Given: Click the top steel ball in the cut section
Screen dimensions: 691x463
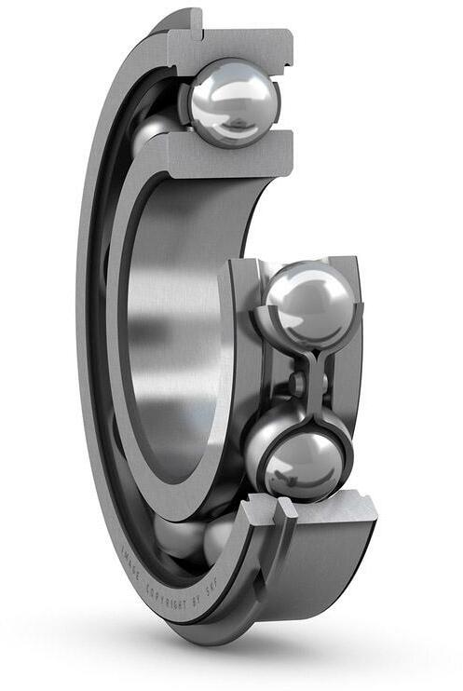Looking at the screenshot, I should [x=234, y=102].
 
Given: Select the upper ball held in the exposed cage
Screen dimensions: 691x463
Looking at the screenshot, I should [x=308, y=304].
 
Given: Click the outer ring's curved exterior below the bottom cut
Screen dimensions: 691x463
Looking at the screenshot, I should [x=317, y=577].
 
